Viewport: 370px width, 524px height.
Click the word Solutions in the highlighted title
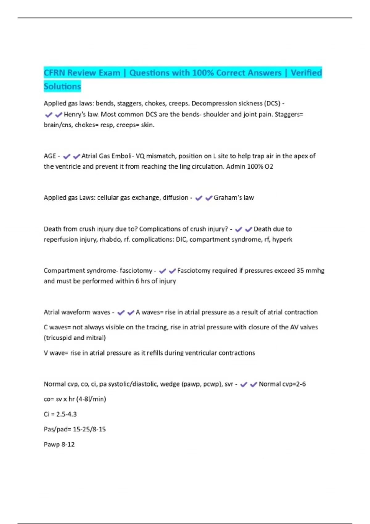pos(62,86)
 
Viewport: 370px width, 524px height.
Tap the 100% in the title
pos(203,73)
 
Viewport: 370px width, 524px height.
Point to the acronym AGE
pos(50,156)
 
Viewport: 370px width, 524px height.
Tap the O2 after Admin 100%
pos(269,166)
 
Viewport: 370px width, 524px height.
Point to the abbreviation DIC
pos(181,239)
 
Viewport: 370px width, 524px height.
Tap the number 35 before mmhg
pos(300,271)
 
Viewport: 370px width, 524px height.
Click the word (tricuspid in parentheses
pos(58,338)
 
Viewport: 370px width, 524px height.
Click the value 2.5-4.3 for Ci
pos(66,414)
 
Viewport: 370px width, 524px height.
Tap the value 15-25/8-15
pos(89,429)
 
